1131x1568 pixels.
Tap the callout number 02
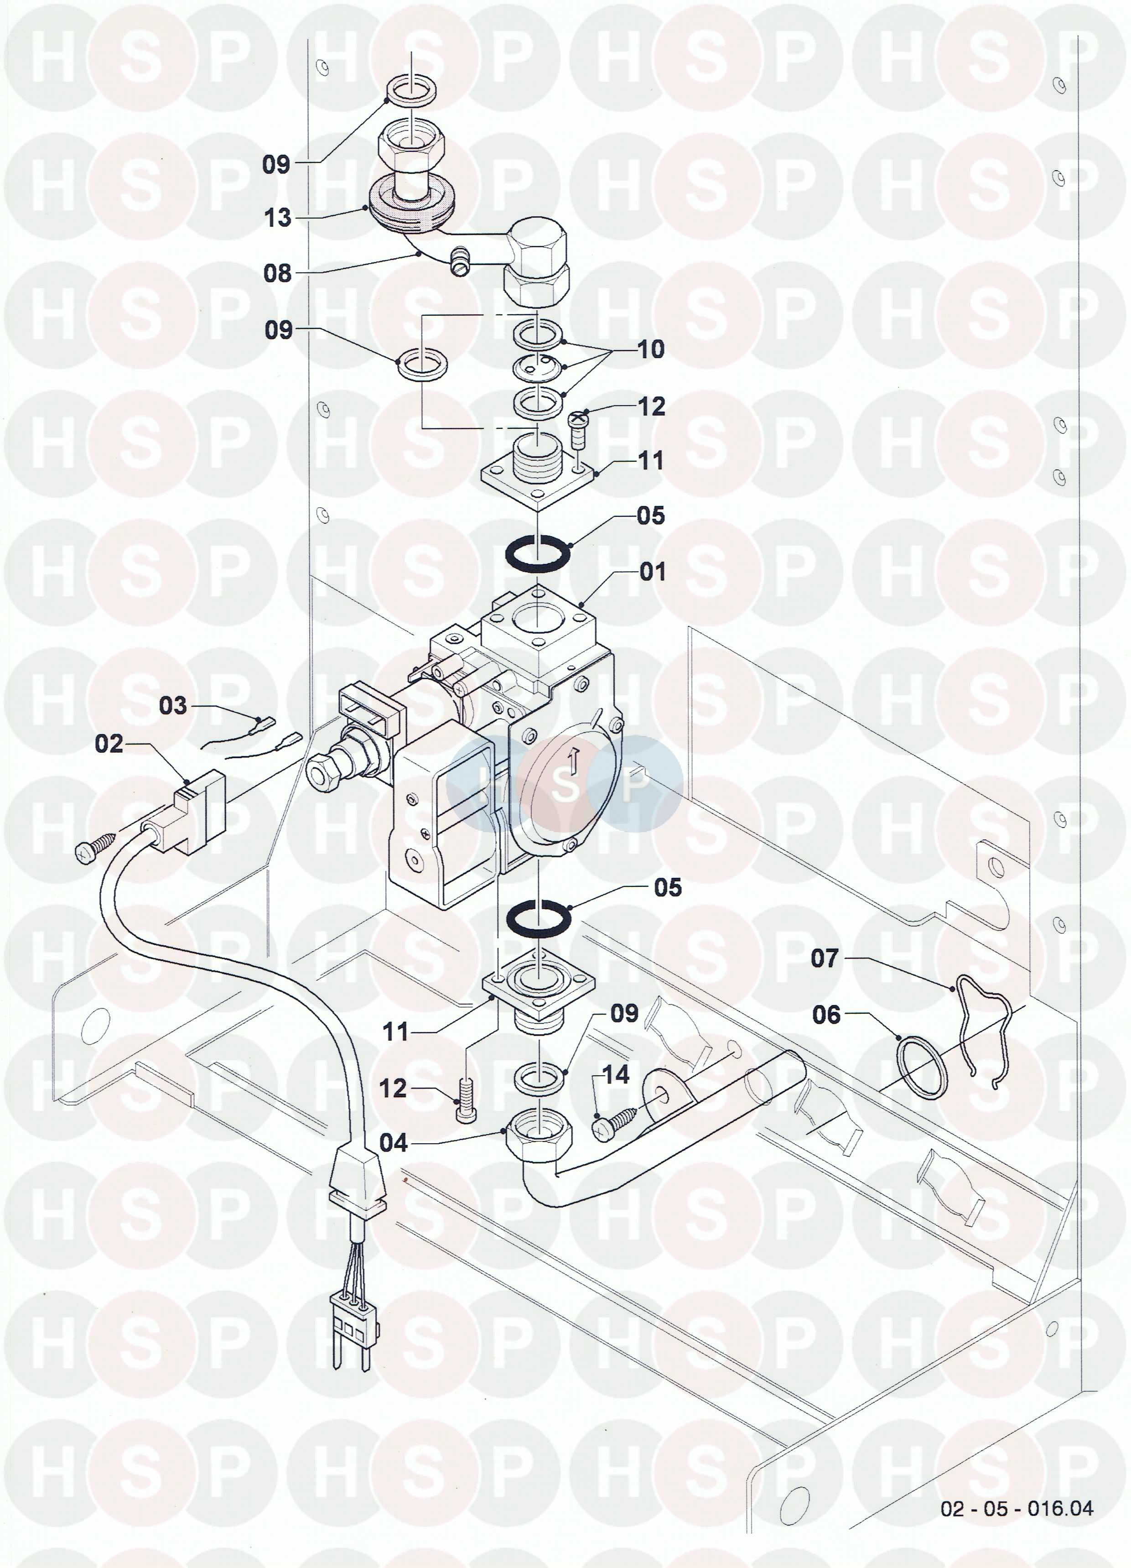click(109, 744)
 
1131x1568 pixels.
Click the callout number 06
click(826, 1015)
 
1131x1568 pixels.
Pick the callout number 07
click(824, 958)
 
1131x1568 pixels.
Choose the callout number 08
click(277, 273)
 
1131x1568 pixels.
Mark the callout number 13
click(278, 219)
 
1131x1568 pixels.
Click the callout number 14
click(616, 1074)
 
